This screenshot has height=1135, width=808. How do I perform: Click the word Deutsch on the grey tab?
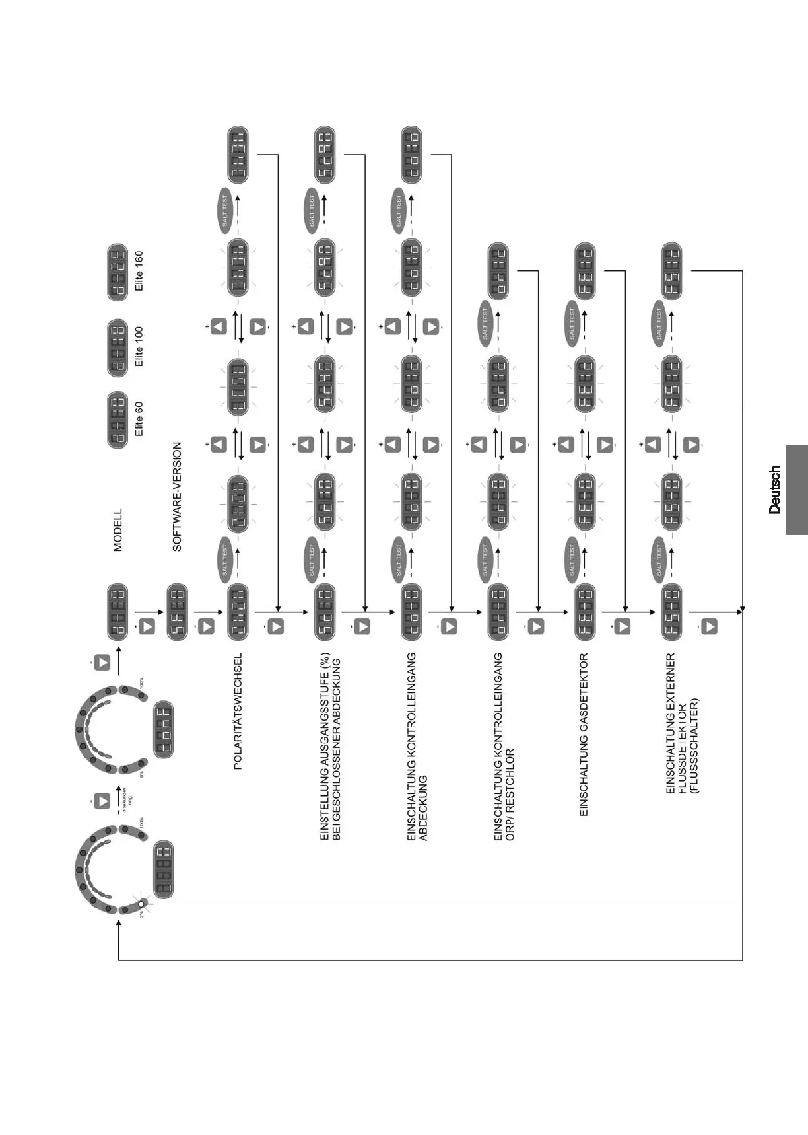(x=774, y=490)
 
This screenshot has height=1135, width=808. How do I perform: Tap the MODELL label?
(x=118, y=530)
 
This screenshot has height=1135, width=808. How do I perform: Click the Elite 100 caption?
(x=139, y=346)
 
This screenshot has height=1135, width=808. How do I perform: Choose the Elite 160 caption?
(x=139, y=271)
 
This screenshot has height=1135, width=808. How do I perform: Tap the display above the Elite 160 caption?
(x=118, y=273)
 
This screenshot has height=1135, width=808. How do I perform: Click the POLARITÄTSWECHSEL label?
(x=238, y=712)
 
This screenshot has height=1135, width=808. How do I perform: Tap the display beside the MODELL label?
(x=118, y=612)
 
